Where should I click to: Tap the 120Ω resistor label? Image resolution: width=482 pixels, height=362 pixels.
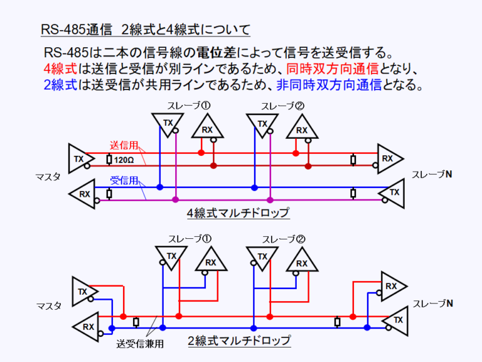[x=124, y=160]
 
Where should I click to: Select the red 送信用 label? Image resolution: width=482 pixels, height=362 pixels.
[x=124, y=145]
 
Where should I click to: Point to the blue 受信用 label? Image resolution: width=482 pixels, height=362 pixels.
[x=124, y=180]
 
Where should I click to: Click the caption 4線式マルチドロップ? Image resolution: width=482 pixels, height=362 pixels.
[x=238, y=213]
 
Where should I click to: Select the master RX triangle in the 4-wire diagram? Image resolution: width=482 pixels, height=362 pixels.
[x=83, y=194]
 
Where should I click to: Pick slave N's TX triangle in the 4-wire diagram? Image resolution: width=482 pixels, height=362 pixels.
[x=393, y=193]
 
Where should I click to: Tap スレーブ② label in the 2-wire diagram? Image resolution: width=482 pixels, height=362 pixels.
[x=283, y=239]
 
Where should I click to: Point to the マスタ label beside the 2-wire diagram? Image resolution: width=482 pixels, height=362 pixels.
[x=49, y=306]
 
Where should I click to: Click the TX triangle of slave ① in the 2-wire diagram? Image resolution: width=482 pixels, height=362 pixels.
[x=170, y=256]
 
